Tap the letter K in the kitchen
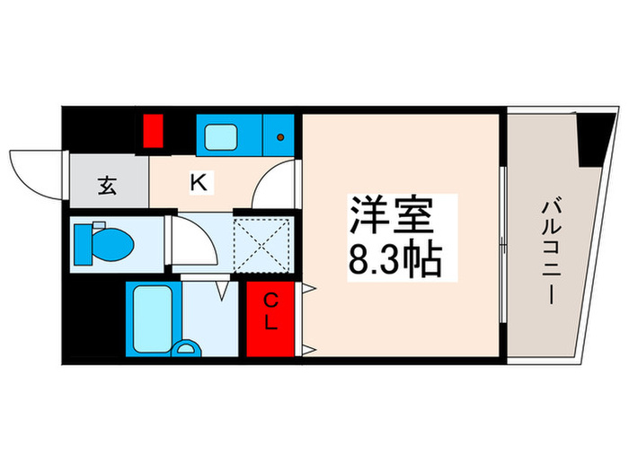click(199, 183)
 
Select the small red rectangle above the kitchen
click(152, 132)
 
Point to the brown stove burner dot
click(281, 137)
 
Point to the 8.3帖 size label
click(394, 260)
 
